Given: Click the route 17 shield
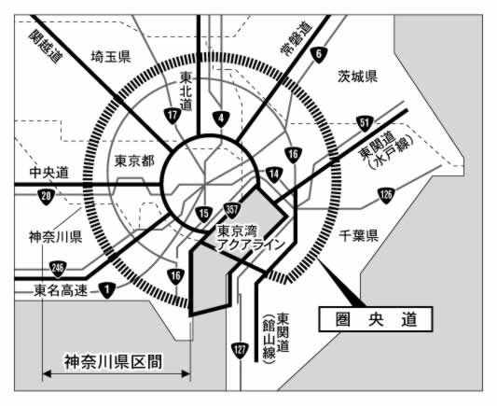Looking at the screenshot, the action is pos(173,116).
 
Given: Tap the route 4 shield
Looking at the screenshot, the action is pos(221,119).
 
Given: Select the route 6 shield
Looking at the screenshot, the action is pos(319,55).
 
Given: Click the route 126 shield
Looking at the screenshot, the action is pos(386,195).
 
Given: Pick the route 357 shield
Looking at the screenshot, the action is pos(232,210).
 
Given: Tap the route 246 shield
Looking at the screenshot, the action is pos(58,269).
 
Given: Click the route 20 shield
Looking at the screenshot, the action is pos(46,196).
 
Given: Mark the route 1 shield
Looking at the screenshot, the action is pos(107,290).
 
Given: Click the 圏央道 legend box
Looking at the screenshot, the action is pos(376,319).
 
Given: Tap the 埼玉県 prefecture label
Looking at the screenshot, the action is pos(111,57).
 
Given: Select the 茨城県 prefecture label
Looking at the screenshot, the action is pos(357,77).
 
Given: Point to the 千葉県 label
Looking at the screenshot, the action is pos(358,236).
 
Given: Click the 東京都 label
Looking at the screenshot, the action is pos(134,161).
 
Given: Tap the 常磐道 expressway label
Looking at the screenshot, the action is pos(297,38).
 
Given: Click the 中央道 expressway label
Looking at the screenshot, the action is pos(49,173).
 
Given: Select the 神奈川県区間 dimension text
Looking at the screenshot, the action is pos(114,362).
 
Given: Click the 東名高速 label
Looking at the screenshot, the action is pos(61,290).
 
